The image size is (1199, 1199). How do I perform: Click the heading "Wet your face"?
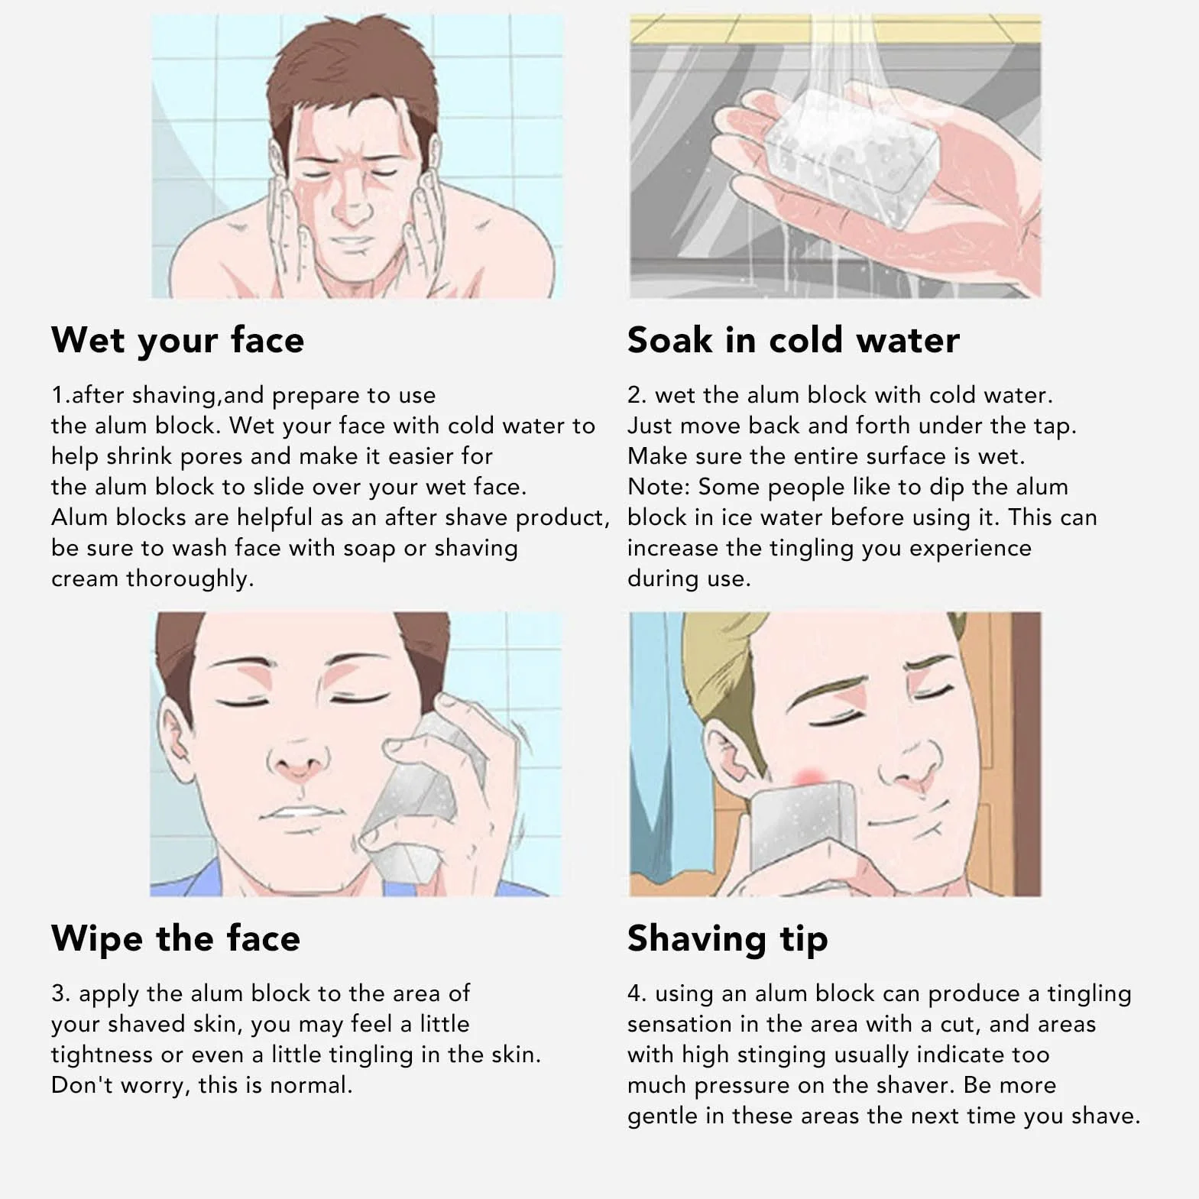177,341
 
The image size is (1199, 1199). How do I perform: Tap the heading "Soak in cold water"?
793,340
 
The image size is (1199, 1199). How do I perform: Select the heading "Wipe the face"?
176,938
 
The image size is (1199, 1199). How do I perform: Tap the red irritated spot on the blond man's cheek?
808,776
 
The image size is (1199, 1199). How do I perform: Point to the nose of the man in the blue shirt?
298,757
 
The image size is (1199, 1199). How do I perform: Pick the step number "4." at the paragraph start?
637,993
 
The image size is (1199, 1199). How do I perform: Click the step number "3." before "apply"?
61,993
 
